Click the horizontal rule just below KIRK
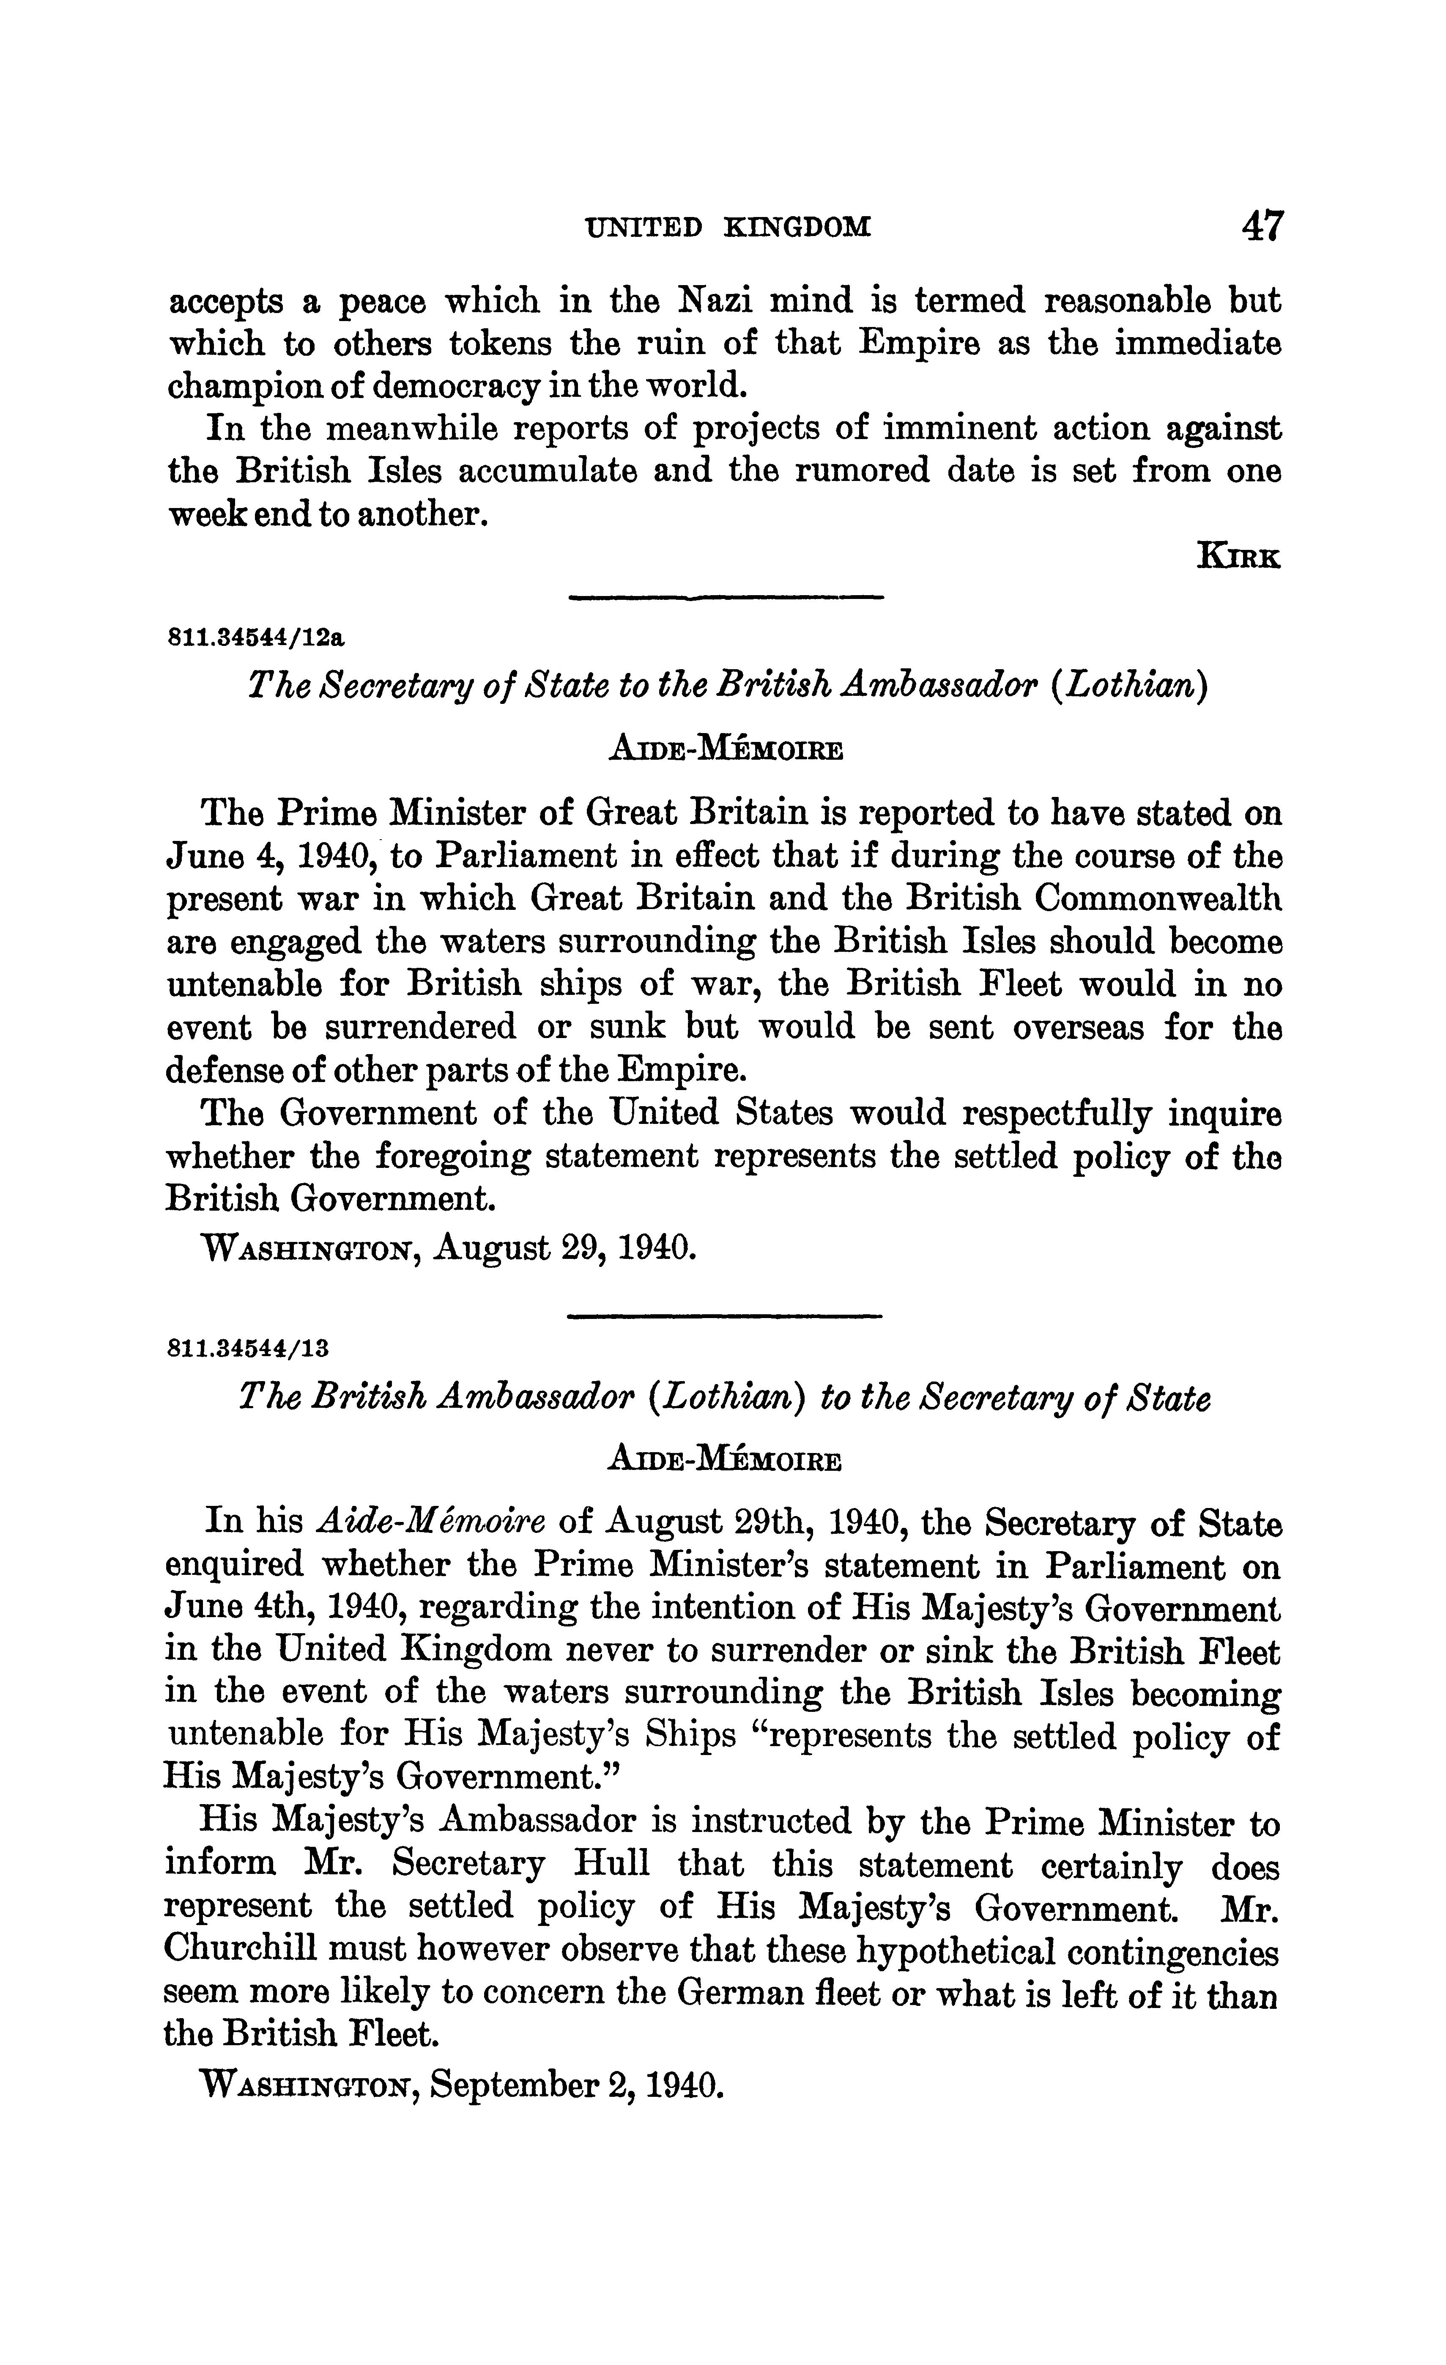pos(726,599)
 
